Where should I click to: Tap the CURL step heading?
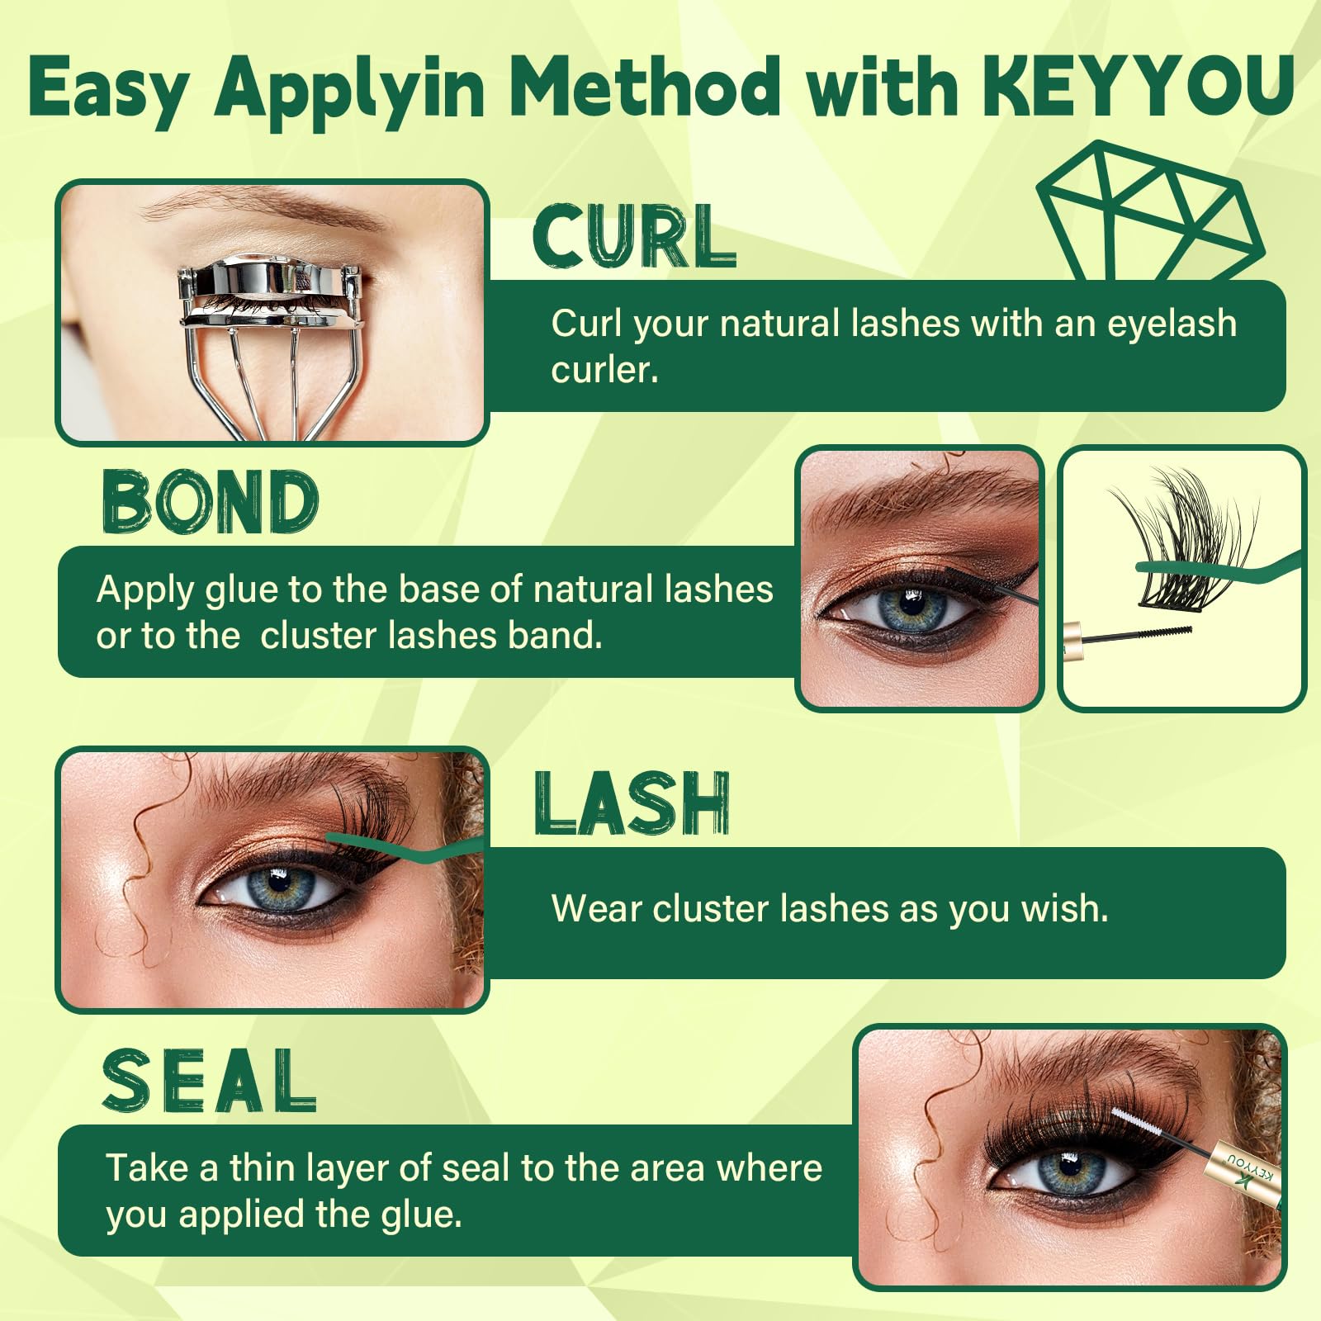(634, 238)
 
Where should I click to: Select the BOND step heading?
(211, 501)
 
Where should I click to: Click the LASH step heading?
(632, 803)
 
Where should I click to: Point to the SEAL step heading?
(210, 1081)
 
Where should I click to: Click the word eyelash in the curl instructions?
(1172, 324)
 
